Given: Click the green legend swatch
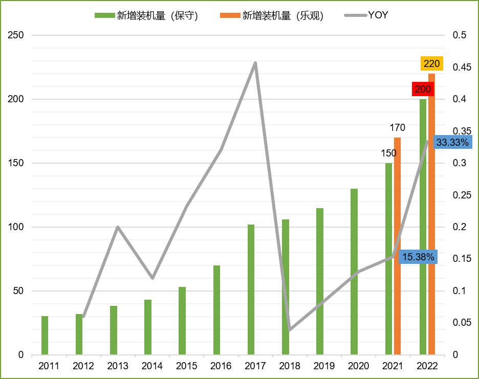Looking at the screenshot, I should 105,15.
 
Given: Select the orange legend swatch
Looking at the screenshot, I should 230,15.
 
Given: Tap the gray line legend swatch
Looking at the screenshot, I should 356,15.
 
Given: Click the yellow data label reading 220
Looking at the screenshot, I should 431,63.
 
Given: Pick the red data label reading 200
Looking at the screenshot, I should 423,89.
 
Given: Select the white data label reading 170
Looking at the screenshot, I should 397,127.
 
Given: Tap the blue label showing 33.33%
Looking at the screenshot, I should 452,142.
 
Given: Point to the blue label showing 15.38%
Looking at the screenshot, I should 418,257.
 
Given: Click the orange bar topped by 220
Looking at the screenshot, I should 431,215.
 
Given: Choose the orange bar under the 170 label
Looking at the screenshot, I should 397,246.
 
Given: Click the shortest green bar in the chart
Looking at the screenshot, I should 45,336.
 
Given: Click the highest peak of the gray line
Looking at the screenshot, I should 255,62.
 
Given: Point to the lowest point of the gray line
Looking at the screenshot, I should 290,330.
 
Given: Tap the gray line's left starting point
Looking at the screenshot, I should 83,317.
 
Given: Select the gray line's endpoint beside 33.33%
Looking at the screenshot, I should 427,142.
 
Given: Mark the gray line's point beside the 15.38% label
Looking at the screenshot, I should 393,256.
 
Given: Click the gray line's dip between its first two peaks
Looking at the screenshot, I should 153,278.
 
